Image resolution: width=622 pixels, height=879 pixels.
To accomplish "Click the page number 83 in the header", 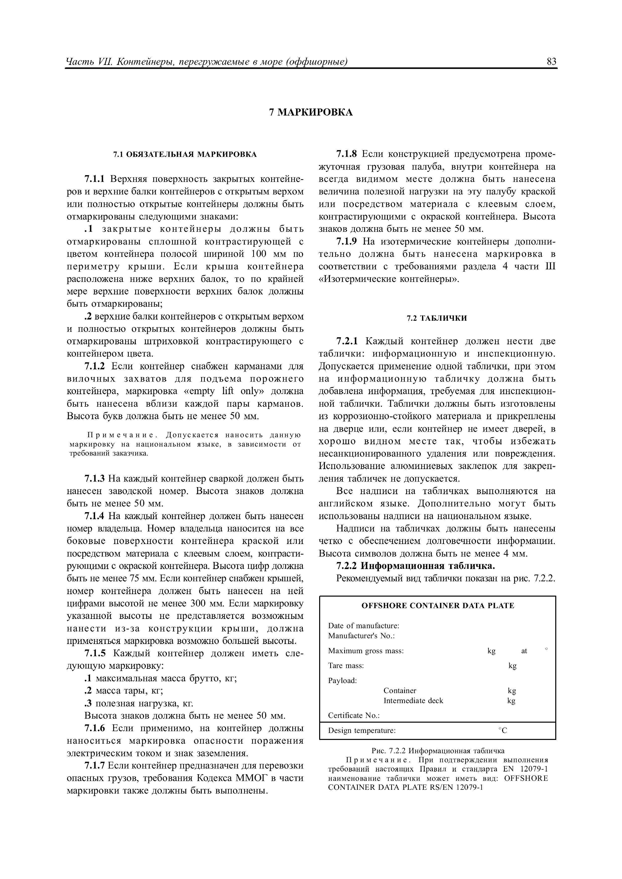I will point(551,62).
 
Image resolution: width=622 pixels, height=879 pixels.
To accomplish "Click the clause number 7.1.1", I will point(95,179).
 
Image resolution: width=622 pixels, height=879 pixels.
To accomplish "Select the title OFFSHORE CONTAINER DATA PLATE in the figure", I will point(438,606).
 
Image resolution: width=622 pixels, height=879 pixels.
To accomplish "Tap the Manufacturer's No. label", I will point(361,636).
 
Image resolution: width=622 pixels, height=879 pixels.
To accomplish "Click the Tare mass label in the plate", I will point(346,666).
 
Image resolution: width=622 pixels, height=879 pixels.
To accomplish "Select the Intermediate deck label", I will point(413,701).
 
